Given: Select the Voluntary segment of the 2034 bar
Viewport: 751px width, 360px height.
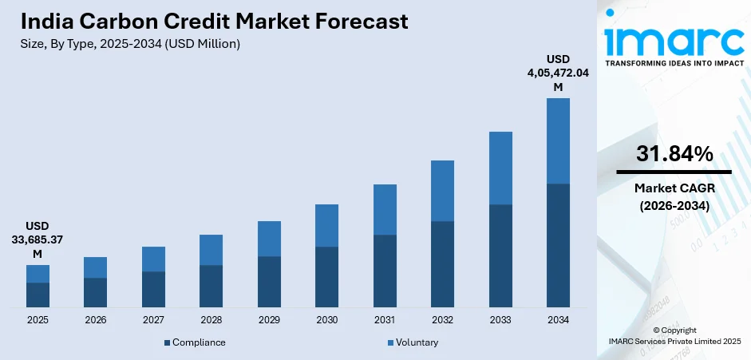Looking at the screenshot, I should click(x=558, y=140).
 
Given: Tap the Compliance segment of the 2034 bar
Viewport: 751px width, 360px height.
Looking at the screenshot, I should click(x=558, y=245).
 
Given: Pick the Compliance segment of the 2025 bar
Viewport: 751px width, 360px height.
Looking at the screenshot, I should click(x=38, y=295).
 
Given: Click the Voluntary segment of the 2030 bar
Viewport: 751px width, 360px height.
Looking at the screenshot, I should click(x=326, y=225).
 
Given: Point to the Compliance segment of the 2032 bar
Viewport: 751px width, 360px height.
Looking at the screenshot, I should click(x=442, y=263).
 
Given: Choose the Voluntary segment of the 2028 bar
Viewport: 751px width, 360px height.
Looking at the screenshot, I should click(x=211, y=250).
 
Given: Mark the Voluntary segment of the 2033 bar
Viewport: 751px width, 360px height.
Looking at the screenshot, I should click(x=500, y=168).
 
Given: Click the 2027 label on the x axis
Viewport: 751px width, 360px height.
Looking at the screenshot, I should click(x=153, y=319).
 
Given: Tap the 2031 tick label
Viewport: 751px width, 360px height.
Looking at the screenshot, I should click(x=385, y=319).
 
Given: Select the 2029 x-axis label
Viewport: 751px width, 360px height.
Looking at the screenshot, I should click(x=269, y=319).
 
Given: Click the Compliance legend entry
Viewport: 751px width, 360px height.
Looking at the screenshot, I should click(x=195, y=342).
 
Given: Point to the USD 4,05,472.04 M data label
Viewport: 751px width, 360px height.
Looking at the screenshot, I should click(x=558, y=73).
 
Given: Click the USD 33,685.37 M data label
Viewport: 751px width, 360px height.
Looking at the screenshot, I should click(x=38, y=239).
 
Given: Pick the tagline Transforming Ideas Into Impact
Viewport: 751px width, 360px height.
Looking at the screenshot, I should click(x=674, y=62).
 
